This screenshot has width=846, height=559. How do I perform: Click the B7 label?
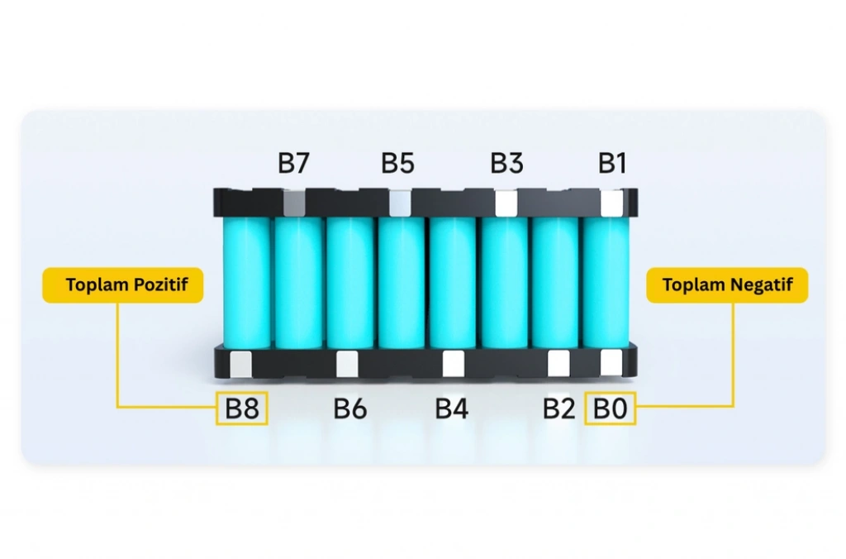(293, 163)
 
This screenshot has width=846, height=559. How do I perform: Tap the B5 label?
(397, 163)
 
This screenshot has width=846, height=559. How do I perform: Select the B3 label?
(506, 163)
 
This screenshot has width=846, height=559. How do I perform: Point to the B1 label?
(612, 163)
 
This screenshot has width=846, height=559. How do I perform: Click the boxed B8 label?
(242, 408)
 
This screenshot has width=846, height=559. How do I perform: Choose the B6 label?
(350, 408)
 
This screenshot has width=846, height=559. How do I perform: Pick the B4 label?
(452, 408)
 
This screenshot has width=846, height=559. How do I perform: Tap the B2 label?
(559, 408)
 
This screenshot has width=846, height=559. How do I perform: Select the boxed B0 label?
(611, 408)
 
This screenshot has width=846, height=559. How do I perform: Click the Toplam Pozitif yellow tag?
(123, 285)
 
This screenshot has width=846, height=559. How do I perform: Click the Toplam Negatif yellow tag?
(727, 285)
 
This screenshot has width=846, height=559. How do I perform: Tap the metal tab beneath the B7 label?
(294, 203)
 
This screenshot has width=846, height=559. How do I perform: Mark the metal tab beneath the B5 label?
(400, 203)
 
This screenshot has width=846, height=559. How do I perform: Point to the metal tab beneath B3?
(506, 203)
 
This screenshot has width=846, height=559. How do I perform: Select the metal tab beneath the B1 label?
(612, 203)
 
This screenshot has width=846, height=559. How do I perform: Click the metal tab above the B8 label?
(240, 365)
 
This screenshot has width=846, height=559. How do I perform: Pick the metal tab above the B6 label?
(347, 364)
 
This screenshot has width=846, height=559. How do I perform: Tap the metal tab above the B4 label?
(454, 364)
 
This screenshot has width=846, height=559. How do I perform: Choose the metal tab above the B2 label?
(559, 363)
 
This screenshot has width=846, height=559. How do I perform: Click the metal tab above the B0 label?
(611, 362)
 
